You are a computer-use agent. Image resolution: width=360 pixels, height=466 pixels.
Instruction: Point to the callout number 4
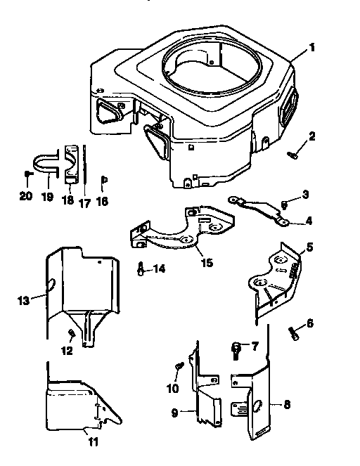click(308, 220)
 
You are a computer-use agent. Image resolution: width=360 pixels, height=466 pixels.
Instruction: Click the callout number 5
click(308, 247)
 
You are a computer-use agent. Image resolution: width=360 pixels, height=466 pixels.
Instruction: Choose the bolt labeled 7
click(237, 347)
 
